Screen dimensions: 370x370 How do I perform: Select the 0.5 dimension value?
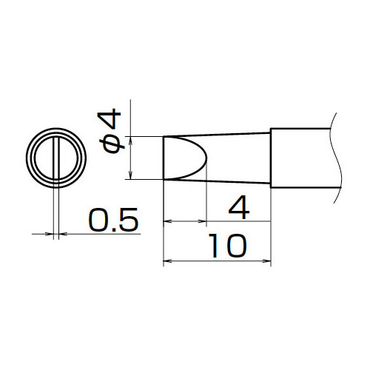point(114,220)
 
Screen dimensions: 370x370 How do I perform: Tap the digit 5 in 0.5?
point(129,220)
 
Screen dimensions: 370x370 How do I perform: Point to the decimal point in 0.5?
point(113,229)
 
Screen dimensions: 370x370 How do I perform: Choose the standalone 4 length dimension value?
point(239,207)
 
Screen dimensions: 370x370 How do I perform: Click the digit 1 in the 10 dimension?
point(215,246)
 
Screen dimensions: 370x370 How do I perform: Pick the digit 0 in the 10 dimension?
point(235,246)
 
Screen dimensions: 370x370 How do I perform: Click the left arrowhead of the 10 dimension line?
point(167,260)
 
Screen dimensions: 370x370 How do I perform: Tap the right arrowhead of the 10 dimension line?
point(267,260)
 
